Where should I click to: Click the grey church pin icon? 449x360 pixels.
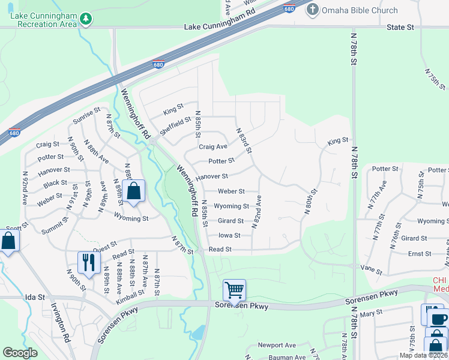pos(312,10)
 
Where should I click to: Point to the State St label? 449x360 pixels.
pos(400,27)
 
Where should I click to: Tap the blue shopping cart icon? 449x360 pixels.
pos(234,290)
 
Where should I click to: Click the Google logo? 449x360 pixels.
pos(20,353)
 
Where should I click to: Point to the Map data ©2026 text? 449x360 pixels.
pos(423,355)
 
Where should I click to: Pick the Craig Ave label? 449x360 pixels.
pos(213,146)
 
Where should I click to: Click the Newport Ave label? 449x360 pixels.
pos(277,345)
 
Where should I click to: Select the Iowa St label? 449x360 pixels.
pos(229,235)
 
